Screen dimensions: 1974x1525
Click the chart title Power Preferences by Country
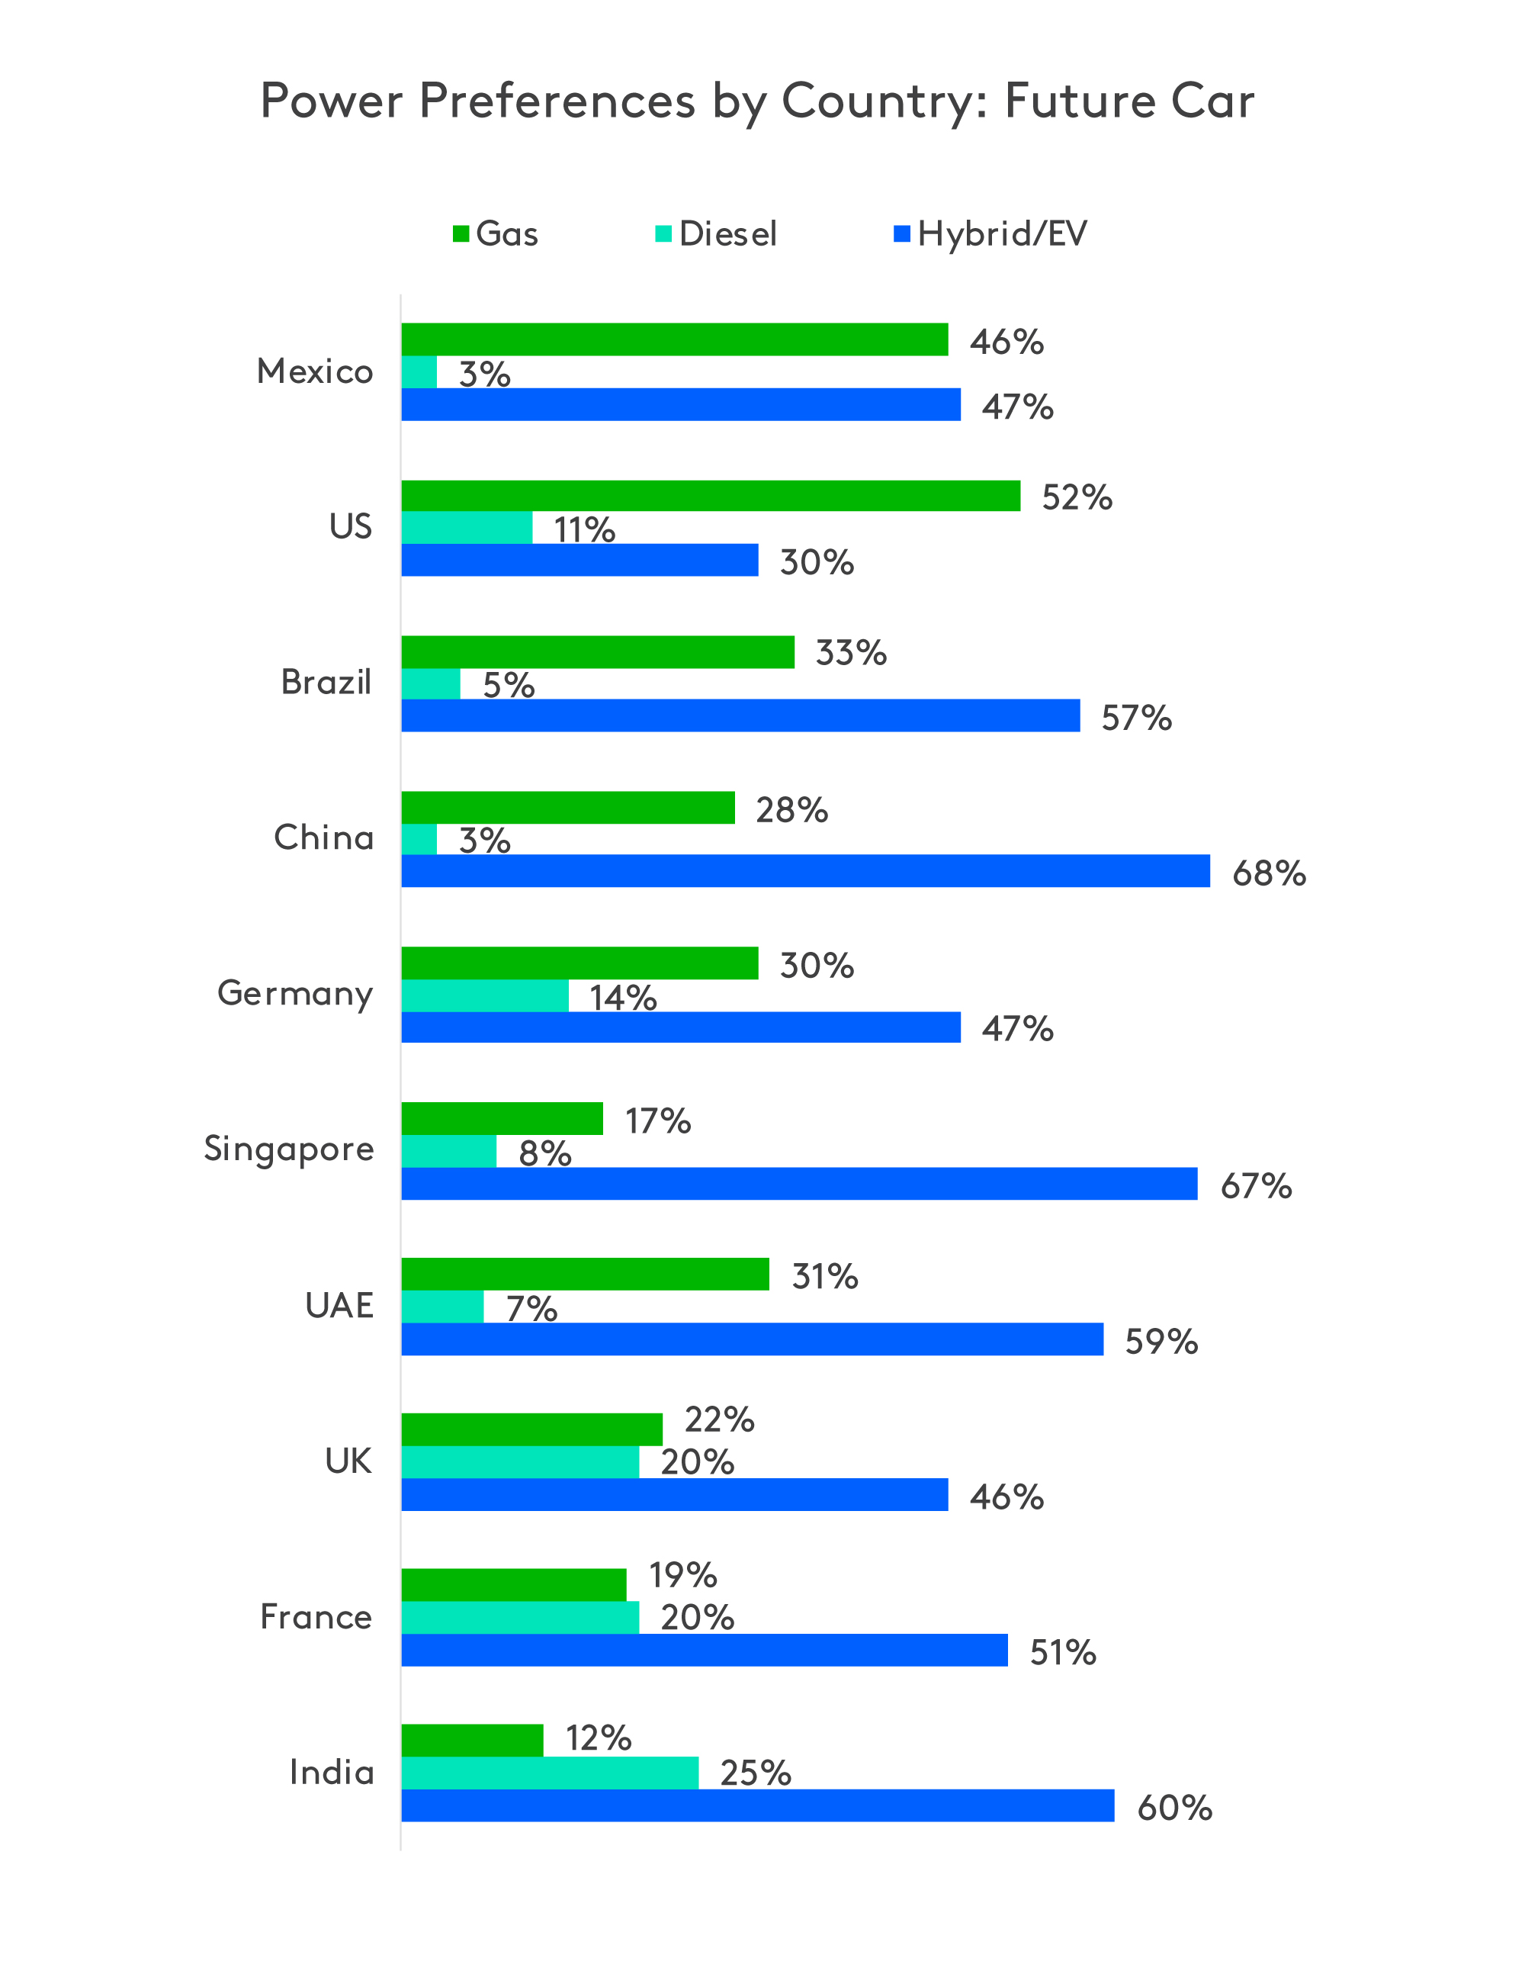click(757, 101)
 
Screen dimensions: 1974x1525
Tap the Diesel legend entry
click(715, 234)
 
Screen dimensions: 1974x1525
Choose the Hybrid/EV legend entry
click(990, 234)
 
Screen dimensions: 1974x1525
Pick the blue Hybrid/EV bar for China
click(804, 870)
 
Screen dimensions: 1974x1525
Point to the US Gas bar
click(710, 495)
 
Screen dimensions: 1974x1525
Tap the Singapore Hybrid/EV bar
click(798, 1183)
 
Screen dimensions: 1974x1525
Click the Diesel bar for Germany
click(484, 995)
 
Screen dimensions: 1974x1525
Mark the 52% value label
click(1076, 498)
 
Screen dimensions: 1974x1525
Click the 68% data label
click(1269, 873)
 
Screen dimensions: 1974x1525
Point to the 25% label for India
click(756, 1773)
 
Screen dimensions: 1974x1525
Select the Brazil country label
click(326, 683)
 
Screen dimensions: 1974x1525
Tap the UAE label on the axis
click(339, 1305)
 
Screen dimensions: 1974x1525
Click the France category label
click(316, 1617)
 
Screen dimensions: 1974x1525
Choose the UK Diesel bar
click(519, 1461)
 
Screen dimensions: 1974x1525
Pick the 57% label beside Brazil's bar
click(1135, 719)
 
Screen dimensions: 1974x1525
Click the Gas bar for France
click(513, 1584)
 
